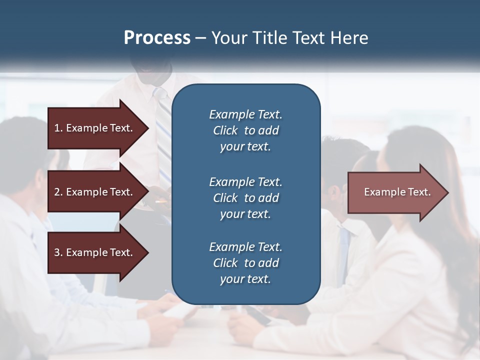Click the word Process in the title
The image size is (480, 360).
tap(157, 38)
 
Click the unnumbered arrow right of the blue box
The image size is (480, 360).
tap(395, 192)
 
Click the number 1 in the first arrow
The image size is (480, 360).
tap(57, 128)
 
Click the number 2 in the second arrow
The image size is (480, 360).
tap(57, 192)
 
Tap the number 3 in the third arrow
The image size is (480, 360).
tap(57, 252)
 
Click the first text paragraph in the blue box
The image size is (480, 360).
tap(245, 130)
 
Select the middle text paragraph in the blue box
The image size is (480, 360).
tap(245, 198)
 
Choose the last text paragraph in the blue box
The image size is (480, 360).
tap(245, 263)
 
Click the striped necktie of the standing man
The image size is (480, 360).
tap(163, 130)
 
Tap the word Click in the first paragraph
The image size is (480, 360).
tap(225, 130)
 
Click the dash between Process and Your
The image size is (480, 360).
tap(200, 38)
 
